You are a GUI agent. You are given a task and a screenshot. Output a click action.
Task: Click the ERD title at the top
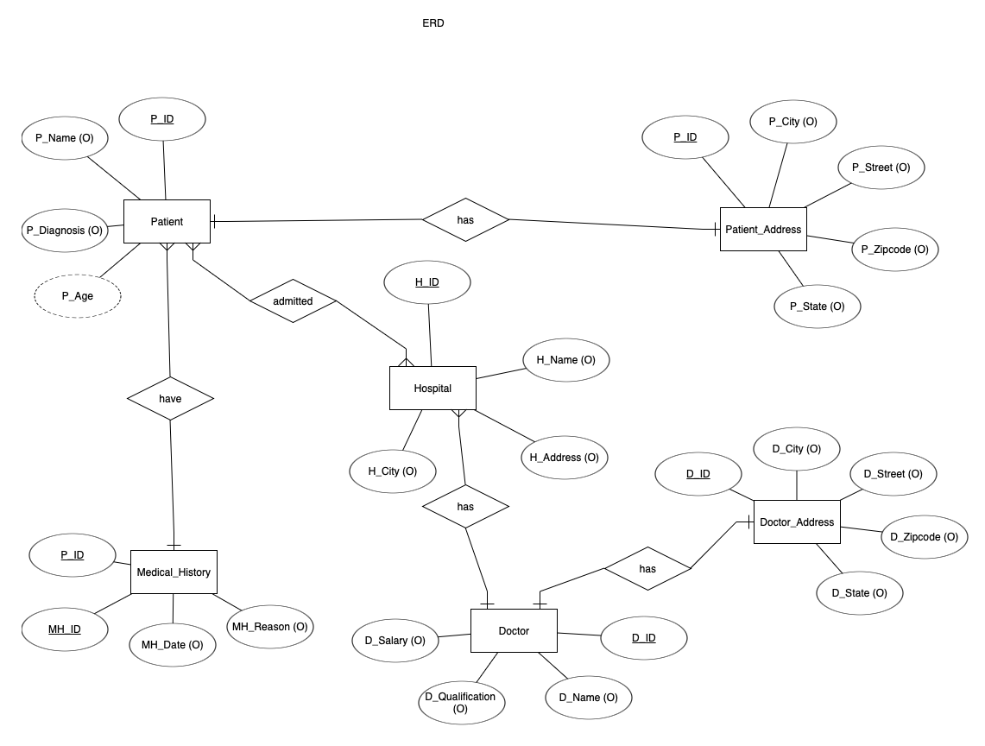[x=433, y=23]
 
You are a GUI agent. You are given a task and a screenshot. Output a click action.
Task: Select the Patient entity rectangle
[x=167, y=222]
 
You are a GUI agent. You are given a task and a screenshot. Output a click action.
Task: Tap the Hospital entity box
[x=433, y=389]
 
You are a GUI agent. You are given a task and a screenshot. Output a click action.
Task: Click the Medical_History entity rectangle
[x=174, y=572]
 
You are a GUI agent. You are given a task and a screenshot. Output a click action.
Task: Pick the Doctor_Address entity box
[x=796, y=522]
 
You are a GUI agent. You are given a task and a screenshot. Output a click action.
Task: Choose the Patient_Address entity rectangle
[x=763, y=230]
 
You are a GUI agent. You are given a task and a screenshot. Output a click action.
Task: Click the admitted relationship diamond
[x=293, y=301]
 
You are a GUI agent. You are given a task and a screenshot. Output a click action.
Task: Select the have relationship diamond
[x=170, y=399]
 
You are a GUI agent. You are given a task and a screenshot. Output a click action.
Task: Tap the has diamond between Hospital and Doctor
[x=465, y=507]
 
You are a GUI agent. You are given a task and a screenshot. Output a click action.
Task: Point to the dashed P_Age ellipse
[x=78, y=296]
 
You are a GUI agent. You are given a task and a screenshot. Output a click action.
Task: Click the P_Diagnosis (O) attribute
[x=65, y=231]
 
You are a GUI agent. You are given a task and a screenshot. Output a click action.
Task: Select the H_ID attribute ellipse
[x=427, y=282]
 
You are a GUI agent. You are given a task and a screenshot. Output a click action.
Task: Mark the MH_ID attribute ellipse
[x=65, y=629]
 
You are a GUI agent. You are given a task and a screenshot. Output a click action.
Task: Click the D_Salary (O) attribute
[x=395, y=641]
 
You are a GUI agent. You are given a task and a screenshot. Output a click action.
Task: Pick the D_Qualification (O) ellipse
[x=461, y=703]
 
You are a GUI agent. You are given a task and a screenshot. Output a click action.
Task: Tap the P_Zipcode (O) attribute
[x=895, y=250]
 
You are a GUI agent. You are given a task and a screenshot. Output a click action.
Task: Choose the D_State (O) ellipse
[x=859, y=593]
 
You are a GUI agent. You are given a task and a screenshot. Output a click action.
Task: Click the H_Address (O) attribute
[x=564, y=458]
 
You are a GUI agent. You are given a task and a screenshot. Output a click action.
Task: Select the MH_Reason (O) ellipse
[x=269, y=627]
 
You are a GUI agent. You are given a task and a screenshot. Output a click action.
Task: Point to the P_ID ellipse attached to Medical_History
[x=73, y=555]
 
